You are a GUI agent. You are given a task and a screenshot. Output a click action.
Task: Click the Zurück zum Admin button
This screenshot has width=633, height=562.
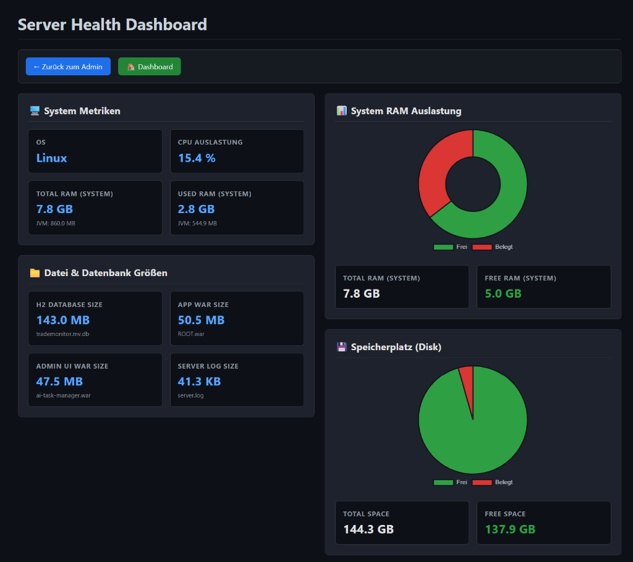pos(68,67)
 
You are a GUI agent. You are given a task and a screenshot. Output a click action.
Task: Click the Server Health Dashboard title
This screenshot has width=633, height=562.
pos(112,25)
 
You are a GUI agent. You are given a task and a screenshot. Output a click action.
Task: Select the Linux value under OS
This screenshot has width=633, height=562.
pos(51,158)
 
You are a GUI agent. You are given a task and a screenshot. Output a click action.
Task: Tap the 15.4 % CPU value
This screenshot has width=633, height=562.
pos(197,158)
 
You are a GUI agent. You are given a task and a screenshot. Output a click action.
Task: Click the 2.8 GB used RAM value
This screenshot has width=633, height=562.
pos(196,209)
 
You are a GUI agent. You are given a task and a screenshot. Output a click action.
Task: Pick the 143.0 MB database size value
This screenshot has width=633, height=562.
pos(63,320)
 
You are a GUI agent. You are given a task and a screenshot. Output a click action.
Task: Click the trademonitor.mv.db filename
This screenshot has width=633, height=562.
pos(62,334)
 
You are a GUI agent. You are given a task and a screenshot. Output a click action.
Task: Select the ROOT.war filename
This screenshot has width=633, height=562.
pos(191,334)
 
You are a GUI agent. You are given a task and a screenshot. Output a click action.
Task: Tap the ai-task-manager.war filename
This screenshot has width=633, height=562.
pos(63,395)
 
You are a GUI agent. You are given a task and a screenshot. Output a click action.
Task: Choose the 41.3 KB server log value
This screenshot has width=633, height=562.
pos(199,382)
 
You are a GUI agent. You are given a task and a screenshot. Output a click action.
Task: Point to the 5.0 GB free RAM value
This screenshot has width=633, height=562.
pos(503,293)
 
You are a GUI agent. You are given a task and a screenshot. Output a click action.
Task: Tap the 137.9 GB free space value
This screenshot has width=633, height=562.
pos(510,529)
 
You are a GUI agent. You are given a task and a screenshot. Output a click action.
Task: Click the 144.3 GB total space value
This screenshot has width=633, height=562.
pos(368,529)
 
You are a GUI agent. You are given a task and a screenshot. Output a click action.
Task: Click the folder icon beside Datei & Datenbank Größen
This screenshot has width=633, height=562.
pos(35,273)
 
